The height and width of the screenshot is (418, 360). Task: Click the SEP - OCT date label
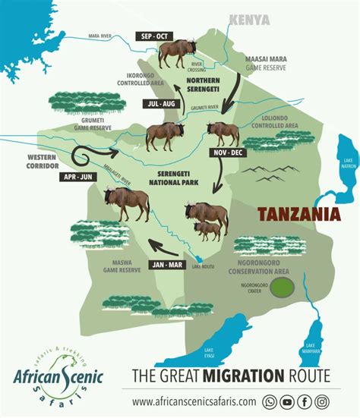155,36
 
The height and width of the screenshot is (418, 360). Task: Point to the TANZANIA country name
297,215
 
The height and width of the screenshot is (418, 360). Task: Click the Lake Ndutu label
203,266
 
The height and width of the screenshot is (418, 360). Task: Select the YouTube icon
287,402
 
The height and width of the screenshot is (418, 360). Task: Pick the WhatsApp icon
270,402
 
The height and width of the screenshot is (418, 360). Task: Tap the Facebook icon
305,402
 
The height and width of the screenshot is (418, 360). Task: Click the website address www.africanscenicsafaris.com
194,402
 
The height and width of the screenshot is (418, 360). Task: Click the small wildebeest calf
209,229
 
